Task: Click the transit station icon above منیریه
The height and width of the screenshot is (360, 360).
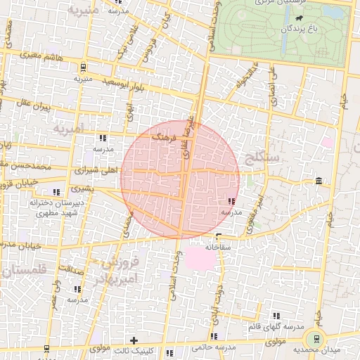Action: point(84,67)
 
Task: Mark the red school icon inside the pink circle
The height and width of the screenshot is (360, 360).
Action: point(232,202)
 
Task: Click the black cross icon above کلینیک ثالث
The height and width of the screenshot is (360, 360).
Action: point(134,340)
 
